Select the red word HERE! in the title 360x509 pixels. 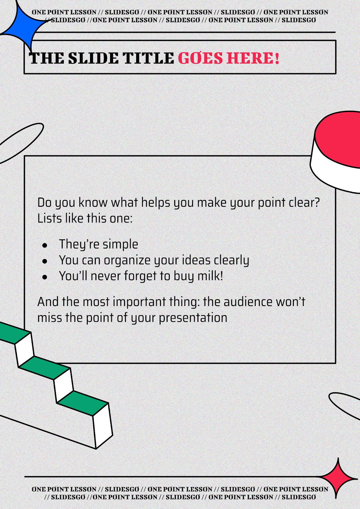point(253,59)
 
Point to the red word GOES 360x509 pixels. point(200,59)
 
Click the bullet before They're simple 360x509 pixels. point(45,245)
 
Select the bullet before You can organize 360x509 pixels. point(45,261)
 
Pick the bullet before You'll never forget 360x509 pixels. point(45,277)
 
